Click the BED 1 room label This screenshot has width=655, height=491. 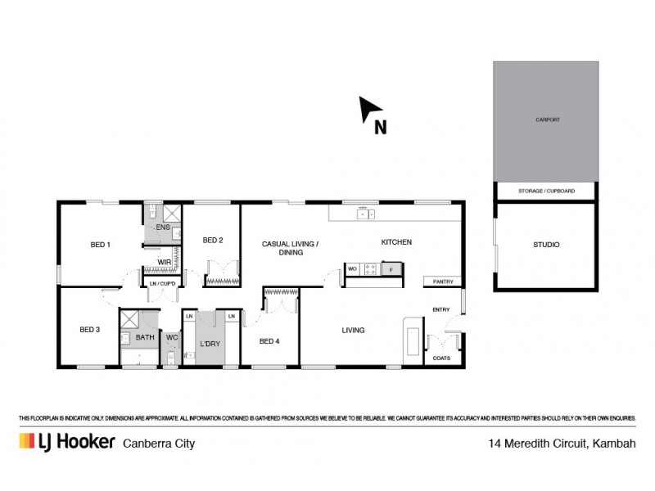point(100,245)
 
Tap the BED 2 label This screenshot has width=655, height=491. point(213,240)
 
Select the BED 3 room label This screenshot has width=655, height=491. point(89,330)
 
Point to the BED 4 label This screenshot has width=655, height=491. point(269,340)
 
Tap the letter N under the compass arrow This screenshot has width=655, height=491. point(380,127)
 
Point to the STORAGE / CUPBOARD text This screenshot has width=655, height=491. point(546,191)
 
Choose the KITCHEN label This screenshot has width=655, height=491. point(396,242)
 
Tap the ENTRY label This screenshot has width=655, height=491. point(441,309)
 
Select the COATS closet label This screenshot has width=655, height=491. point(441,358)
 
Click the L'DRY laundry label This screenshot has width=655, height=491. point(210,344)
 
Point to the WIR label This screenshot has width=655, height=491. point(164,262)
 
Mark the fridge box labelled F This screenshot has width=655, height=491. point(391,268)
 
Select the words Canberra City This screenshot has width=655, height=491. point(158,444)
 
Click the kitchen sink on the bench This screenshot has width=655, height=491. point(365,214)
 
